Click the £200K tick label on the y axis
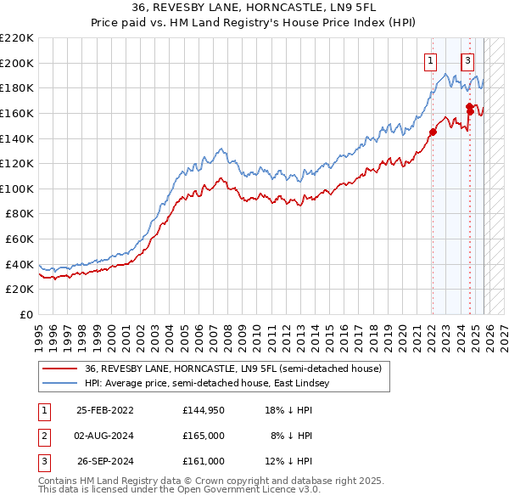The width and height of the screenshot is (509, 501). pyautogui.click(x=17, y=63)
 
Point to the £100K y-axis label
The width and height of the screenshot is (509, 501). pyautogui.click(x=17, y=189)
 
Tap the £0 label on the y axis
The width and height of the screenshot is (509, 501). pyautogui.click(x=25, y=315)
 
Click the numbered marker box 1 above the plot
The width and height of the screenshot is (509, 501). pyautogui.click(x=431, y=60)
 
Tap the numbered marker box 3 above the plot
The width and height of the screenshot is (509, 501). pyautogui.click(x=467, y=60)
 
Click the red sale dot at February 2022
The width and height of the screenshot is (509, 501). pyautogui.click(x=432, y=132)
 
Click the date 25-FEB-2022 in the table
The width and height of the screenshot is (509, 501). pyautogui.click(x=104, y=409)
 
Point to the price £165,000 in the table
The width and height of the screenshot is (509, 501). pyautogui.click(x=204, y=436)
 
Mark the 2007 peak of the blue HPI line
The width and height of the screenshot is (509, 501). pyautogui.click(x=219, y=149)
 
